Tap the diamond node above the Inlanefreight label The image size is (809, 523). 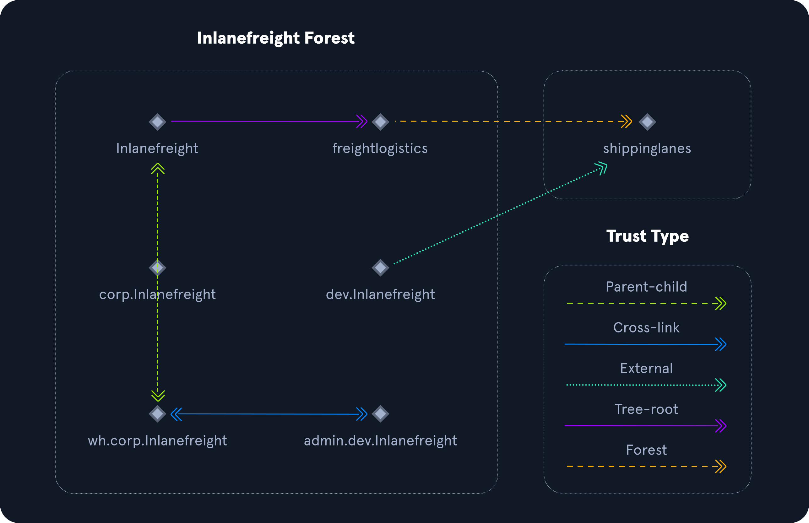click(157, 122)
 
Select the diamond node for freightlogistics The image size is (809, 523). click(380, 122)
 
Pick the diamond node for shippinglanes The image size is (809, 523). click(647, 122)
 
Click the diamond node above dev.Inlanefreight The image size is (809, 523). click(380, 267)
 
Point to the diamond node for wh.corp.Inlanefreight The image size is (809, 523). click(157, 414)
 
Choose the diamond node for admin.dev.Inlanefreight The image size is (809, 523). click(380, 414)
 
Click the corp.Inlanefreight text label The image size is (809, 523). click(157, 294)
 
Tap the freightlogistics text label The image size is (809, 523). click(380, 148)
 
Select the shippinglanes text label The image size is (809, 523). click(647, 148)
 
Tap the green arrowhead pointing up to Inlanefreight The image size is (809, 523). click(158, 169)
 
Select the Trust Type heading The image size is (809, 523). click(647, 236)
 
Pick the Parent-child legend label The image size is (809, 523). click(646, 287)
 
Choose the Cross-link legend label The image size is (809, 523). click(646, 328)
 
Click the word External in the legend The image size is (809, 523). click(646, 369)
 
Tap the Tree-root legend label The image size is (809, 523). click(646, 409)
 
